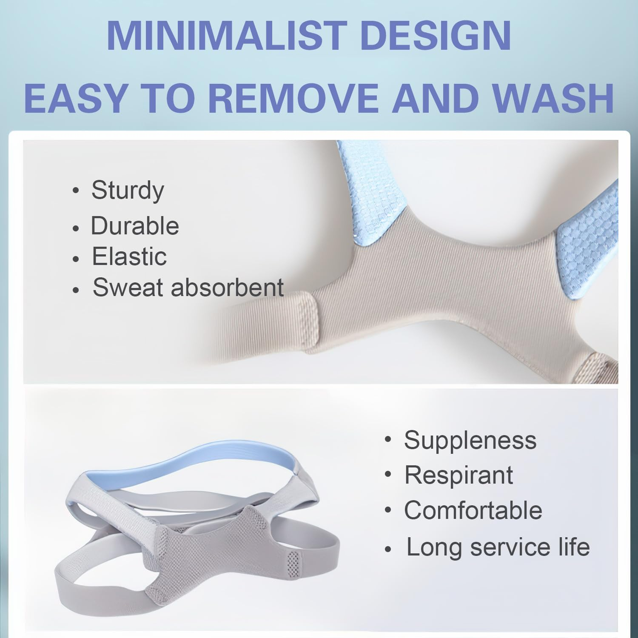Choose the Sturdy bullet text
pos(128,190)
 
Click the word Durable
pos(135,225)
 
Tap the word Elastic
pos(129,256)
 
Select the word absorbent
pos(227,288)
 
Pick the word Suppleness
pos(470,440)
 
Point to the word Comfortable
pos(473,510)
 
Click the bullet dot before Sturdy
pos(76,191)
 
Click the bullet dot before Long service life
pos(387,549)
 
